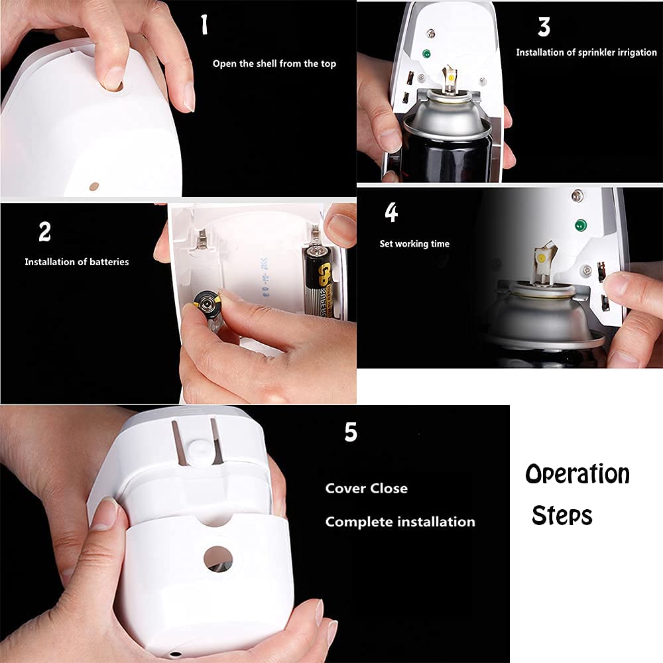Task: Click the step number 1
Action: pos(204,25)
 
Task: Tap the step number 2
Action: pos(44,232)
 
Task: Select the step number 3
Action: pos(544,27)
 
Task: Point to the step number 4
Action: pos(391,213)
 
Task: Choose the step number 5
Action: pos(351,432)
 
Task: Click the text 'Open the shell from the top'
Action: pos(274,64)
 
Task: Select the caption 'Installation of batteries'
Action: pos(77,262)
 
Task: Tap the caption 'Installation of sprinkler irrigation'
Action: pos(586,52)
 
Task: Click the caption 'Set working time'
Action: pos(414,244)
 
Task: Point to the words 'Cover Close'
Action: pos(366,489)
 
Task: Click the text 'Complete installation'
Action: pos(400,522)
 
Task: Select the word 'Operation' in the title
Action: pos(577,475)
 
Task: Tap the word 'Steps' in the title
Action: pos(562,515)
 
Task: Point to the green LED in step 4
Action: pos(581,225)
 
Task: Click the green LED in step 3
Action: pos(426,54)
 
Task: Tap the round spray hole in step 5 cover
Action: pos(217,558)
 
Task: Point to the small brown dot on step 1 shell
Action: pos(93,188)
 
